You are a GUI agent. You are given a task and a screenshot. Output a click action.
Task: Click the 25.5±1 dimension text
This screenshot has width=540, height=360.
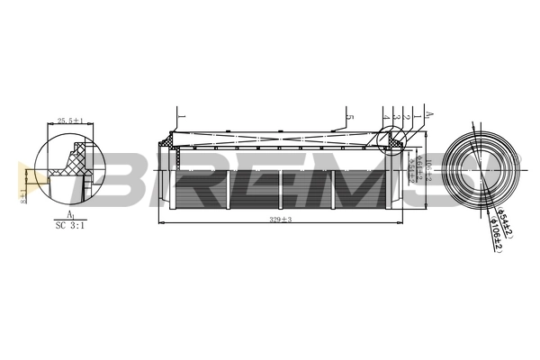70,121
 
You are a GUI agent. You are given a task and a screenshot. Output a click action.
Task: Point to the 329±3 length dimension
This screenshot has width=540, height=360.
281,219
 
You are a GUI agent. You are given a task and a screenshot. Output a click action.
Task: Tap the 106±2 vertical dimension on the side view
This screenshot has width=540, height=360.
429,167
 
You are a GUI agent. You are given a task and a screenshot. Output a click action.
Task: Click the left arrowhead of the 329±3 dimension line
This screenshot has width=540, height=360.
161,223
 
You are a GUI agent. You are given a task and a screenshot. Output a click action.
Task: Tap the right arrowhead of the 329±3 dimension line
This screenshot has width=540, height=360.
400,223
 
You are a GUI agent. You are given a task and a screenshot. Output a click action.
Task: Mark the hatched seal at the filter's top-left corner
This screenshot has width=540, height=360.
167,141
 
